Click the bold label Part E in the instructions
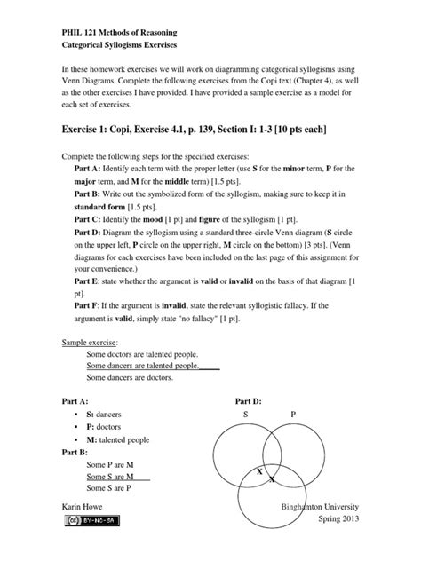(x=91, y=280)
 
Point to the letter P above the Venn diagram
(x=293, y=415)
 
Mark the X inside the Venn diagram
(x=259, y=472)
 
